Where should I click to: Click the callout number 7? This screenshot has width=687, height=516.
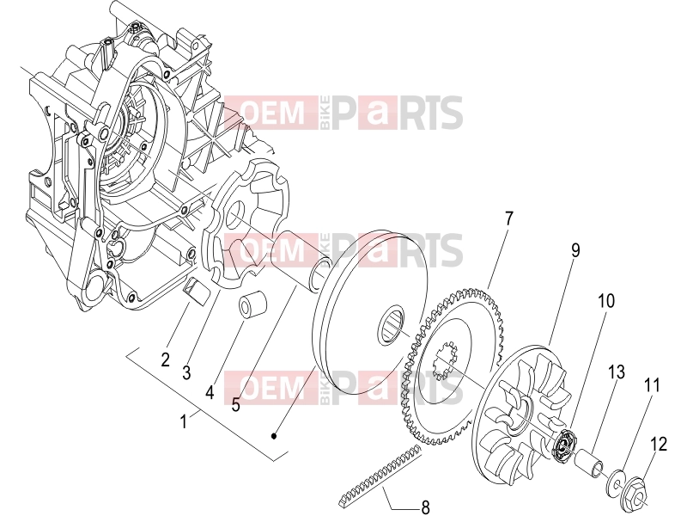(508, 218)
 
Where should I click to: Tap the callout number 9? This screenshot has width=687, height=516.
(575, 250)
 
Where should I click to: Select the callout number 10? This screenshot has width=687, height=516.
(606, 301)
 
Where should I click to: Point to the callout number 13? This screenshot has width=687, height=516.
(616, 372)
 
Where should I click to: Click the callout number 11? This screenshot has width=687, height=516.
(652, 385)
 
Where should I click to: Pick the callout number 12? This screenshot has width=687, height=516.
(659, 444)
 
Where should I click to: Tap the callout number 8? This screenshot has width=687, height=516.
(425, 507)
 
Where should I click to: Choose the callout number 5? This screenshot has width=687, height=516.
(235, 404)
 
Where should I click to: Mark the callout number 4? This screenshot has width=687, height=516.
(210, 392)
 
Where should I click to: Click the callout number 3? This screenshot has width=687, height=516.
(186, 373)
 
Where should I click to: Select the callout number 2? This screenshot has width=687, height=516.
(165, 359)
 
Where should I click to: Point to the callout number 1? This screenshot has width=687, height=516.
(184, 421)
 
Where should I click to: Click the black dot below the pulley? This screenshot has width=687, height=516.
(274, 436)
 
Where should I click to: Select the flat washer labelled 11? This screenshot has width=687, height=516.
(617, 482)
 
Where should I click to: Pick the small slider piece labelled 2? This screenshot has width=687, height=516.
(195, 291)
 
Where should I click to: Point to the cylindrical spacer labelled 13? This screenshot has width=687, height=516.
(589, 462)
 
